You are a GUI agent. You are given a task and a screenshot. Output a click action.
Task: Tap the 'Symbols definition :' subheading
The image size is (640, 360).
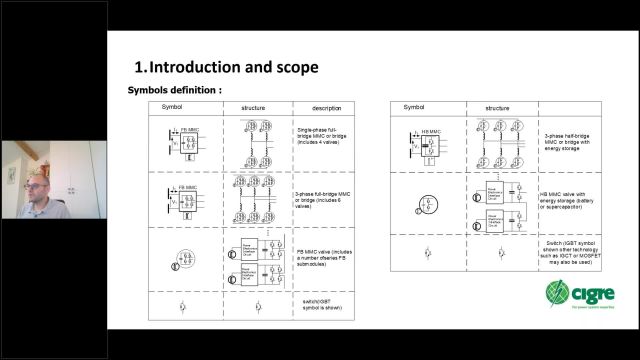pyautogui.click(x=174, y=90)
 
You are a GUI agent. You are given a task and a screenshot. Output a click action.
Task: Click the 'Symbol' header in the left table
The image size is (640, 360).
pyautogui.click(x=174, y=107)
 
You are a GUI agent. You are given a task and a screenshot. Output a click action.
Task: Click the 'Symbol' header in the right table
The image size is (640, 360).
pyautogui.click(x=414, y=107)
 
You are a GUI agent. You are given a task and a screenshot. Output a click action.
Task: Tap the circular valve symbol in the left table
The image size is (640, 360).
pyautogui.click(x=173, y=257)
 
